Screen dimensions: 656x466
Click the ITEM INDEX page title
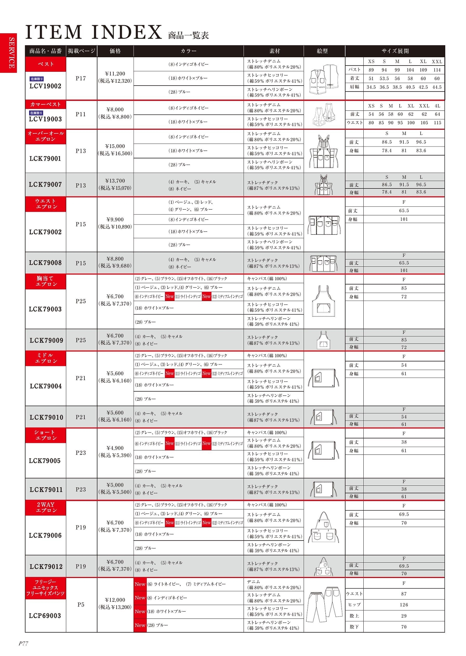(94, 32)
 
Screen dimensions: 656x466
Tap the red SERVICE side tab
(8, 53)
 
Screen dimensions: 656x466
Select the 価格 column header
(115, 51)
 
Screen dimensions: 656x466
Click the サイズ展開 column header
(395, 51)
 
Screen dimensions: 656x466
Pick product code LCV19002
(46, 86)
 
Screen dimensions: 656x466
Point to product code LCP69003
(46, 616)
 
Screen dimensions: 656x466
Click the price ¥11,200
(115, 74)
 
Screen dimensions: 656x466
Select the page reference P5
(81, 605)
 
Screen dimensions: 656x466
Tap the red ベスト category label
(46, 64)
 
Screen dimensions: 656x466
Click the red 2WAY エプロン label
(46, 507)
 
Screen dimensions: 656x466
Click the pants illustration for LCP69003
(324, 605)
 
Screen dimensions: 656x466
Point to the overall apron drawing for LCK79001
(324, 151)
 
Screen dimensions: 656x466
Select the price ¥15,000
(115, 146)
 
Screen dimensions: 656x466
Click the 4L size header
(437, 106)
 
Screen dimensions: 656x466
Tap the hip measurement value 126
(404, 605)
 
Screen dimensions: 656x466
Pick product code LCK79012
(46, 567)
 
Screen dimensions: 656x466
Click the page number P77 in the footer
(23, 644)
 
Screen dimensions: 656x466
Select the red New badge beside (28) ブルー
(140, 625)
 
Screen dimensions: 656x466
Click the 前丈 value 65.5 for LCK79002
(404, 211)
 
